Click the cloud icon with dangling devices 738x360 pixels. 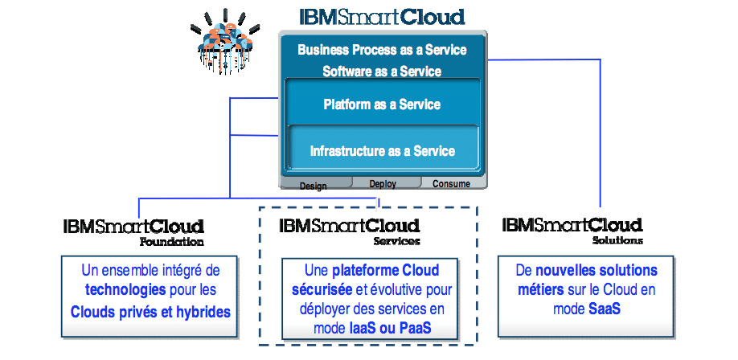[225, 42]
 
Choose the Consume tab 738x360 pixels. [452, 183]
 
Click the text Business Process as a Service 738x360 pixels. [382, 50]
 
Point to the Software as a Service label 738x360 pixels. [382, 72]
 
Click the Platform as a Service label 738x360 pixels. [382, 104]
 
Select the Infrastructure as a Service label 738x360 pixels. [382, 151]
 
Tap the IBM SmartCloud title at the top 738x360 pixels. [382, 17]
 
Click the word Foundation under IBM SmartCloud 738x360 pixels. [172, 243]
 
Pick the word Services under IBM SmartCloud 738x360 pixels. [397, 241]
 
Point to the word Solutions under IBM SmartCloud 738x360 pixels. [617, 240]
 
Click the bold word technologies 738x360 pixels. [125, 290]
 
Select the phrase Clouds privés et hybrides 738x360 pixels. [150, 312]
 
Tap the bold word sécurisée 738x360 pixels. [322, 290]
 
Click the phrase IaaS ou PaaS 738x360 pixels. [390, 328]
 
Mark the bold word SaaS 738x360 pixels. [605, 309]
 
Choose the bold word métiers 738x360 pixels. [541, 290]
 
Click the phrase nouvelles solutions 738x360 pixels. [597, 271]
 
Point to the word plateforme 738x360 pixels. [360, 271]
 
